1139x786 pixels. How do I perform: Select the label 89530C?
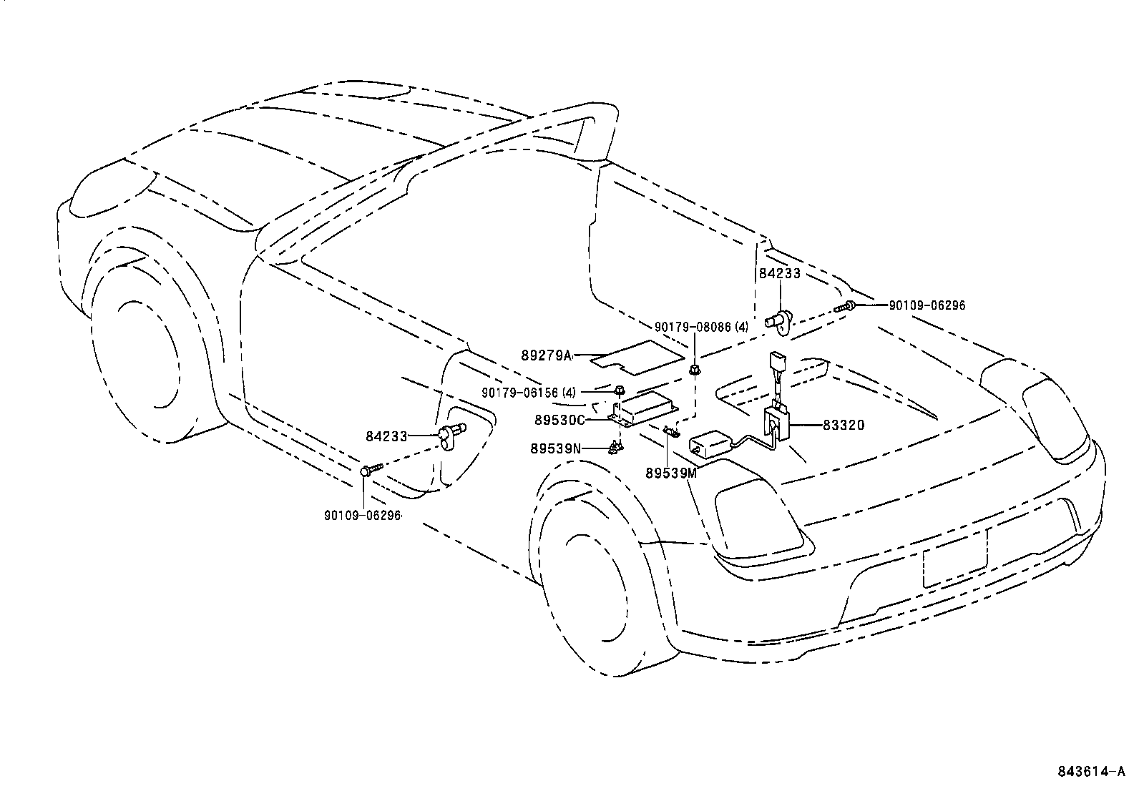click(x=559, y=420)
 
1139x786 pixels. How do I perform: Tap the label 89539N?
click(x=556, y=448)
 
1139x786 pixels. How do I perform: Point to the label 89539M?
click(x=670, y=473)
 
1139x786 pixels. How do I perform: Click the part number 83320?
click(x=844, y=425)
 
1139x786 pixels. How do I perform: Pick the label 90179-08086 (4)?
click(x=701, y=327)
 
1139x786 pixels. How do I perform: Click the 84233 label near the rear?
click(x=779, y=274)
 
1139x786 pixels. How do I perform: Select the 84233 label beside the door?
click(x=386, y=436)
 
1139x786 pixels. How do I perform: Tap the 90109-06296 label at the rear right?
click(x=927, y=305)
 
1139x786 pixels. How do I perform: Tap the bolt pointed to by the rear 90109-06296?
click(x=844, y=308)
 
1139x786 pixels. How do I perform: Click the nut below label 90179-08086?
click(x=693, y=370)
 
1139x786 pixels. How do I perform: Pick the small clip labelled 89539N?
click(x=615, y=448)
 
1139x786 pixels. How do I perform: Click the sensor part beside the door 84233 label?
click(x=451, y=435)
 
